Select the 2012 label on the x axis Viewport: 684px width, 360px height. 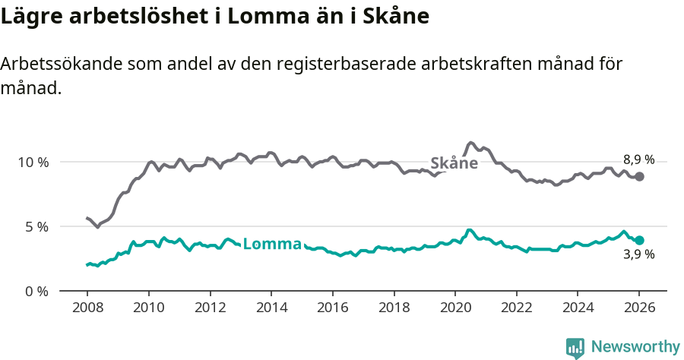(210, 308)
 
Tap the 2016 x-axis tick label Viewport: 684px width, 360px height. (332, 308)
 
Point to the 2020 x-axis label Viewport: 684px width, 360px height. (454, 308)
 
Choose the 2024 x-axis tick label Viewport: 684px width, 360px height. (578, 308)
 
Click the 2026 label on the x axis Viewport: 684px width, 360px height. (639, 308)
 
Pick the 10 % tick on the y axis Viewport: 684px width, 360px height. (33, 163)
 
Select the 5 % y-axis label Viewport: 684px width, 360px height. (36, 227)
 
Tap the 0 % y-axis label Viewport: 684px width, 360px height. (36, 291)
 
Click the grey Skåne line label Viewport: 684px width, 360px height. (454, 163)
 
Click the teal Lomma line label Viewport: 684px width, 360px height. (272, 245)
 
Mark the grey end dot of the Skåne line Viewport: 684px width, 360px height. (640, 176)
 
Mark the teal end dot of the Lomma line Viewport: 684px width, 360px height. (640, 240)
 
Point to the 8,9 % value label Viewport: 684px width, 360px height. (638, 159)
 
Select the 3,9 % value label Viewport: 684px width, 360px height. (638, 255)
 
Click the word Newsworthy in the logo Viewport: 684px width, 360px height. (635, 347)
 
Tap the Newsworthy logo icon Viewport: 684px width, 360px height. (575, 348)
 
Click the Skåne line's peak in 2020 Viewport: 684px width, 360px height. (471, 143)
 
